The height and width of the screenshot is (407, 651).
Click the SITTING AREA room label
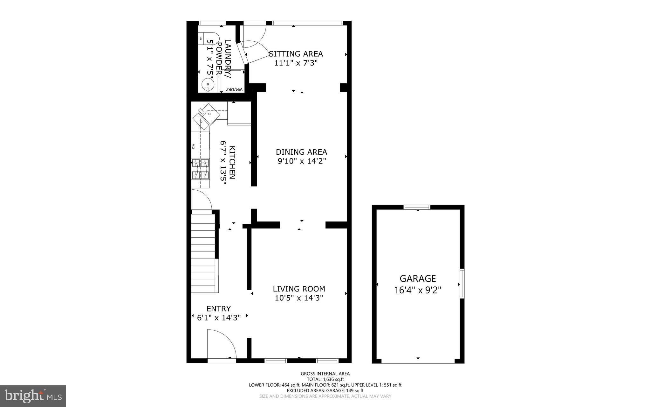tap(296, 54)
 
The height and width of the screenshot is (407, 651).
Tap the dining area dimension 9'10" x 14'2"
tap(302, 161)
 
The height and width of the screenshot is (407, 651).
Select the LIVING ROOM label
tap(299, 289)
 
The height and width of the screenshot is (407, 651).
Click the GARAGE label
tap(417, 279)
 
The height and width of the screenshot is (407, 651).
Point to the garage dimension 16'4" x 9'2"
tap(417, 290)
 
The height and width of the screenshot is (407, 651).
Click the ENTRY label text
tap(219, 309)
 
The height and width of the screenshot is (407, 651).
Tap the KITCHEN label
tap(232, 163)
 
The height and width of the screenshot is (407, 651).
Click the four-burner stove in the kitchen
tap(201, 169)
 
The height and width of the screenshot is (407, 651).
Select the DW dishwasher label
tap(193, 146)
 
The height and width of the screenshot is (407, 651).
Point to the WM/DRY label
tap(235, 90)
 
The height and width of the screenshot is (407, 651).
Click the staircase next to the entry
tap(203, 253)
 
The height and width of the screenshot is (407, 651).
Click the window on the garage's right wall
tap(462, 284)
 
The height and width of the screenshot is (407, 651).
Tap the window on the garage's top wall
tap(417, 207)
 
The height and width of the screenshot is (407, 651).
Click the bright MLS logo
tap(33, 396)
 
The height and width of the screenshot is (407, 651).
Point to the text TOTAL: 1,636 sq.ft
tap(325, 379)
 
